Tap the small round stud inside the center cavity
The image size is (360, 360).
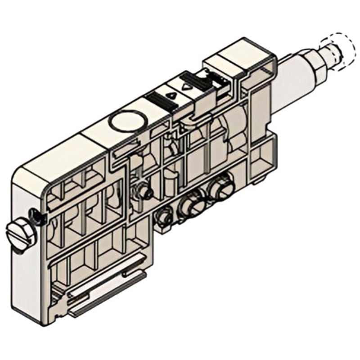tap(145, 192)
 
